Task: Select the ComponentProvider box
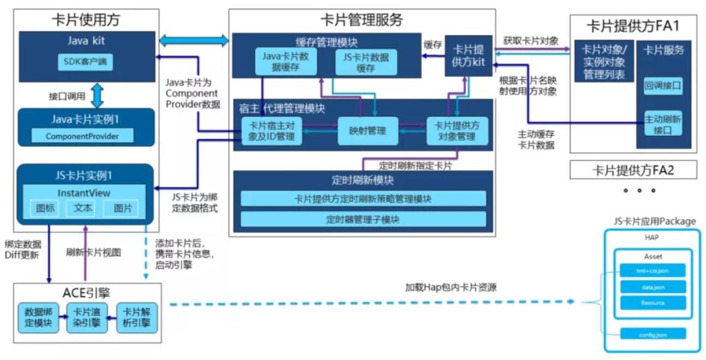click(x=82, y=135)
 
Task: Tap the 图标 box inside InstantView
click(x=45, y=208)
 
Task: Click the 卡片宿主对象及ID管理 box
click(x=271, y=131)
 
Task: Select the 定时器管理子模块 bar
click(x=363, y=220)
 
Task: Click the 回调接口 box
click(x=663, y=86)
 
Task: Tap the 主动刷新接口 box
click(x=663, y=124)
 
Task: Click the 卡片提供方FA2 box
click(x=633, y=170)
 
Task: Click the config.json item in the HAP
click(x=652, y=334)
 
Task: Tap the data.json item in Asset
click(x=652, y=287)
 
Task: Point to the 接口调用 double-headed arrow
click(x=97, y=96)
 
